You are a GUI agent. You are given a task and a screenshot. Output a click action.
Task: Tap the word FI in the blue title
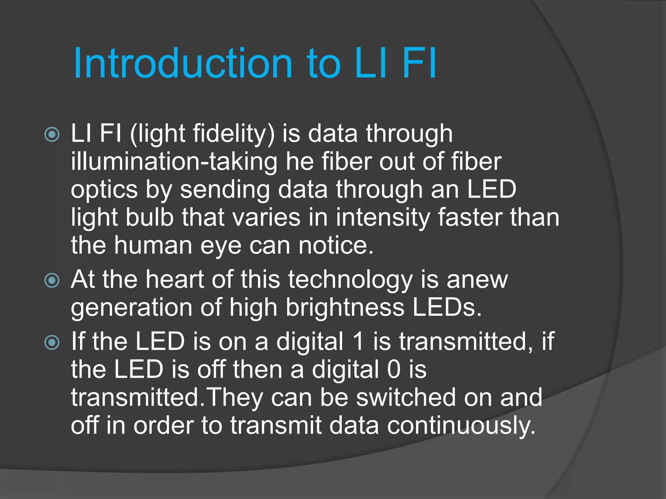pos(420,63)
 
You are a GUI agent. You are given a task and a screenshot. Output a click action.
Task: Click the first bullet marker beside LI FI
pos(52,134)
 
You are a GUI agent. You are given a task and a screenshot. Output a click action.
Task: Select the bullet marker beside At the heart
pos(52,280)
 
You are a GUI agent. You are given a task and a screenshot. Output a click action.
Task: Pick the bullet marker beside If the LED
pos(52,342)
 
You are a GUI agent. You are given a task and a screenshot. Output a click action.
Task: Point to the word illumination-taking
pos(174,162)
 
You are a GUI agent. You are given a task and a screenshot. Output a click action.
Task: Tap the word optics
pos(104,190)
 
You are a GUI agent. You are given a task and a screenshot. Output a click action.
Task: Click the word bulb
pos(150,217)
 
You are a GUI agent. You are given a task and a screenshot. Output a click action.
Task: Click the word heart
pos(174,280)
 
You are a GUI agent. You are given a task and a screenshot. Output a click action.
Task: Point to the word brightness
pos(345,308)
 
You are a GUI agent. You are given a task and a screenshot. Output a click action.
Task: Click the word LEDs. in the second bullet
pos(447,308)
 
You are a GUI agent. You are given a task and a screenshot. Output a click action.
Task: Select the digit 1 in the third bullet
pos(358,341)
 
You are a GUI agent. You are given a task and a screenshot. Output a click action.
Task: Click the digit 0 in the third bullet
pos(393,370)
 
